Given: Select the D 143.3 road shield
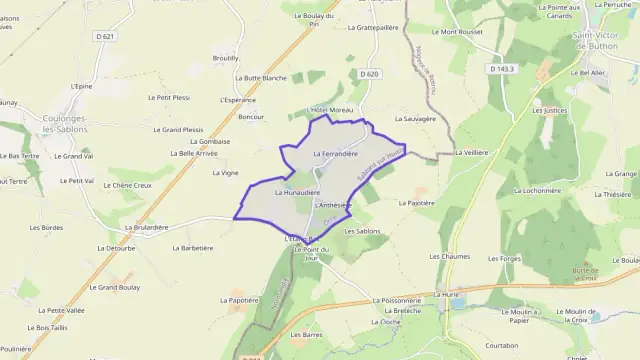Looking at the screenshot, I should [502, 68].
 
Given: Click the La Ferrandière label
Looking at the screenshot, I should [335, 154].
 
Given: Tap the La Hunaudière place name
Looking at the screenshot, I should [296, 191].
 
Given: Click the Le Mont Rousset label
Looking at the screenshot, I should [461, 32].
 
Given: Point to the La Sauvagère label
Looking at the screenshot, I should [415, 118].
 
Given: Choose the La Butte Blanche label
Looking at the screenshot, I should [260, 77].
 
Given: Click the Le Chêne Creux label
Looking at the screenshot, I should [127, 185].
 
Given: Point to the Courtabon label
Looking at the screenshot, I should [500, 345].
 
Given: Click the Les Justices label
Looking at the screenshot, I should [550, 111].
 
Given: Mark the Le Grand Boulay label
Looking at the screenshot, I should [112, 287].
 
